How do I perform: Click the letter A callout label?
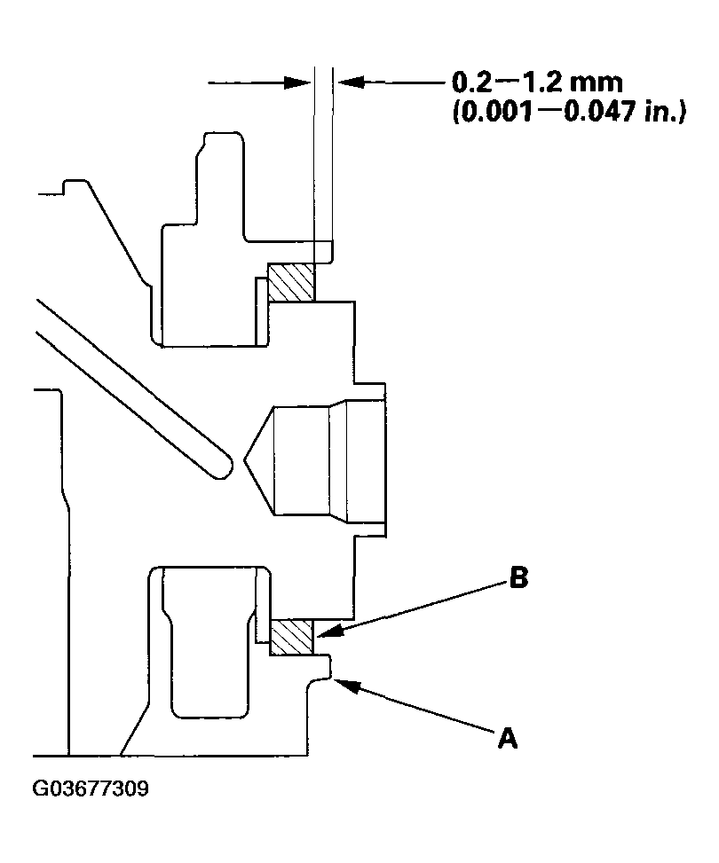(x=508, y=738)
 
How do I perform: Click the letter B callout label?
(x=518, y=578)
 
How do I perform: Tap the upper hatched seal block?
(x=291, y=282)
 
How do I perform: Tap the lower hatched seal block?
(x=291, y=637)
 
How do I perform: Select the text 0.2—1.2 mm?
(x=537, y=82)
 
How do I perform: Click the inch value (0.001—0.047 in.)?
(x=569, y=112)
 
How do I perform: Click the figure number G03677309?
(x=91, y=788)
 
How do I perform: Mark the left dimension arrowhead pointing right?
(x=297, y=83)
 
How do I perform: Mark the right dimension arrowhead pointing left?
(x=351, y=82)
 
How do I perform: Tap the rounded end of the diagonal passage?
(x=222, y=467)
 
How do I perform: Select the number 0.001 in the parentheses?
(x=497, y=112)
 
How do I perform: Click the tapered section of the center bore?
(x=339, y=460)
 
